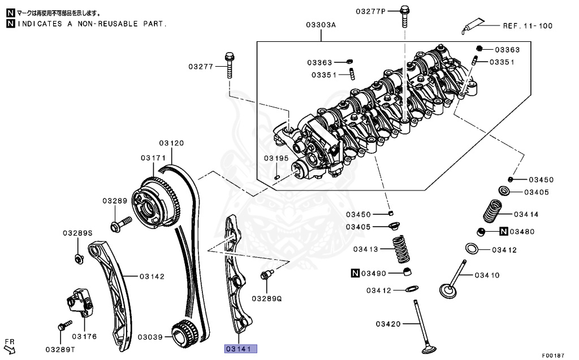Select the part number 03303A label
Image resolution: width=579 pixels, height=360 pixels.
point(321,25)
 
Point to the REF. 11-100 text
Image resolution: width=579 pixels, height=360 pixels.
point(528,26)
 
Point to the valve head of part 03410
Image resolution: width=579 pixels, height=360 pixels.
point(448,290)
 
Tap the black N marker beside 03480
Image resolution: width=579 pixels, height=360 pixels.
point(504,232)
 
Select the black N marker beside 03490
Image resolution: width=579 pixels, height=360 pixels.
point(355,274)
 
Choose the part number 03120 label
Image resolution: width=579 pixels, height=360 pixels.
point(171,143)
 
